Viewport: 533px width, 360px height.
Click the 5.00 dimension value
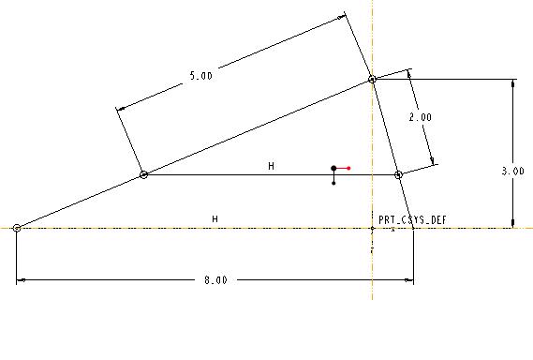(x=200, y=76)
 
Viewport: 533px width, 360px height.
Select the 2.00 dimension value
(x=421, y=117)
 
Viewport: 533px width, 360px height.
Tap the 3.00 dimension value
(x=513, y=172)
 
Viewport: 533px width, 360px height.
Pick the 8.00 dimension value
(x=215, y=280)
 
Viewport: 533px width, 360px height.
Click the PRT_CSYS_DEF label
(x=412, y=219)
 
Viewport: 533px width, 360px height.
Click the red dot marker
(x=348, y=168)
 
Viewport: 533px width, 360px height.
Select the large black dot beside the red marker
(x=333, y=169)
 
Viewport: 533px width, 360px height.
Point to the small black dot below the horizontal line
(x=333, y=184)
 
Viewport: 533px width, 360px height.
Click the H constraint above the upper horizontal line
(x=271, y=166)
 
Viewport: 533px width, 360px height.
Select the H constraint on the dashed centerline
(x=215, y=218)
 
